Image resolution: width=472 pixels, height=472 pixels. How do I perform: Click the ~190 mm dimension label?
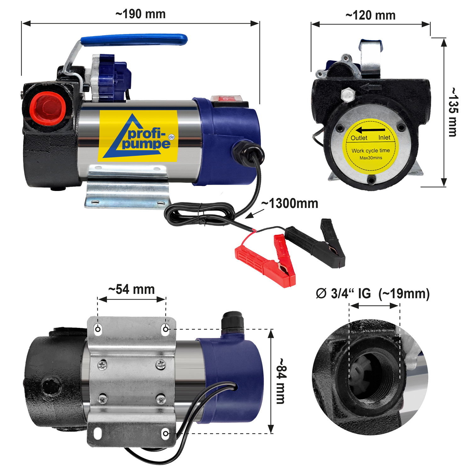(x=140, y=14)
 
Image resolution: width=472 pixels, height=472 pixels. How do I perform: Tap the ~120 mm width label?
(x=370, y=15)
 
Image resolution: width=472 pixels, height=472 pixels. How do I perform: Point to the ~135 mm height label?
(x=453, y=112)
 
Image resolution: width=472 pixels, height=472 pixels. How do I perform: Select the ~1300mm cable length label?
(x=289, y=204)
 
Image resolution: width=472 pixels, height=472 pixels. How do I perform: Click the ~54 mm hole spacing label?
(x=132, y=289)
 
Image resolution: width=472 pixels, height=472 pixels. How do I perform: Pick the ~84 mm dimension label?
(x=281, y=381)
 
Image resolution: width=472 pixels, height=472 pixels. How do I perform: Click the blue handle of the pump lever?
(x=134, y=40)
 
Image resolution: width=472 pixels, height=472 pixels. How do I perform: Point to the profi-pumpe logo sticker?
(x=138, y=136)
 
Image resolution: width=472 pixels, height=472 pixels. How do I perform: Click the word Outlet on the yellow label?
(x=359, y=138)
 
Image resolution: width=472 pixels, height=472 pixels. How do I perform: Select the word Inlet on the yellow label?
(x=384, y=138)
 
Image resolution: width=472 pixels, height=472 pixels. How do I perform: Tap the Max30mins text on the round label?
(x=371, y=158)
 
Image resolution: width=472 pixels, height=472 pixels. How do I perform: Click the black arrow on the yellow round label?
(x=370, y=130)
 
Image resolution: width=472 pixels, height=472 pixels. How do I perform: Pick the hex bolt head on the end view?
(x=348, y=95)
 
